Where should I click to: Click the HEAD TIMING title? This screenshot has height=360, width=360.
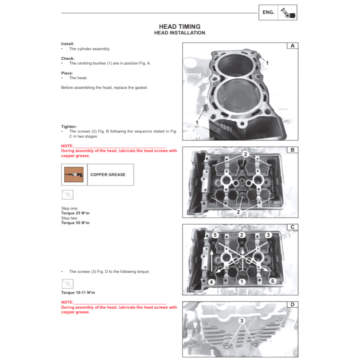coord(179,26)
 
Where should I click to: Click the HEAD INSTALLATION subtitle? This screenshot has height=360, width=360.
coord(179,33)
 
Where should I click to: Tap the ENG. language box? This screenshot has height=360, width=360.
coord(268,12)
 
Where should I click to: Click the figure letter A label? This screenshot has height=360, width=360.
coord(292,46)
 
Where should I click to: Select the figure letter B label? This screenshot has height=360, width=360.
coord(292,150)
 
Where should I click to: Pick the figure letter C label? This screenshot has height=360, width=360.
coord(292,227)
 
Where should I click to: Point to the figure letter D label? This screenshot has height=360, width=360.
coord(292,304)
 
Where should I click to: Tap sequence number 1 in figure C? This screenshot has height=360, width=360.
coord(241,282)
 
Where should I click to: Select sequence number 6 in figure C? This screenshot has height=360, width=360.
coord(272,281)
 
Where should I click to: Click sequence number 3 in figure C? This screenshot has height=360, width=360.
coord(268,235)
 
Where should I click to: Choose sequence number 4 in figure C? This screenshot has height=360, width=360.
coord(211,282)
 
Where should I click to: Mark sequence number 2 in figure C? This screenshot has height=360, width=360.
coord(241,235)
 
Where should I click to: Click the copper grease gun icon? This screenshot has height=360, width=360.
coord(74,174)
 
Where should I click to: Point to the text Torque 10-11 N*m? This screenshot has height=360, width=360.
coord(78,292)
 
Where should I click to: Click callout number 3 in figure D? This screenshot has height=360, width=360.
coord(241,321)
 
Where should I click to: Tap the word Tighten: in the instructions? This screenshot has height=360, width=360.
coord(69,127)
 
